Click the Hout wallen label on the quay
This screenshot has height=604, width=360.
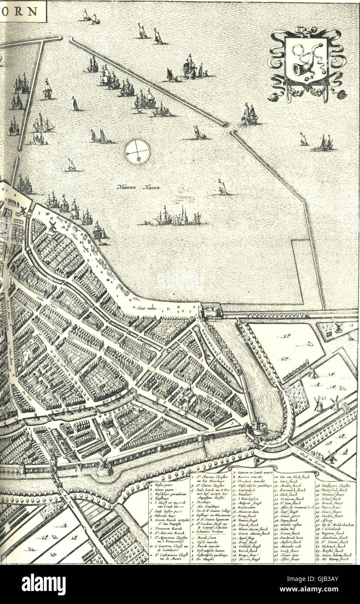[x=147, y=308]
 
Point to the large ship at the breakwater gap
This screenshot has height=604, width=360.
[x=249, y=114]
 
